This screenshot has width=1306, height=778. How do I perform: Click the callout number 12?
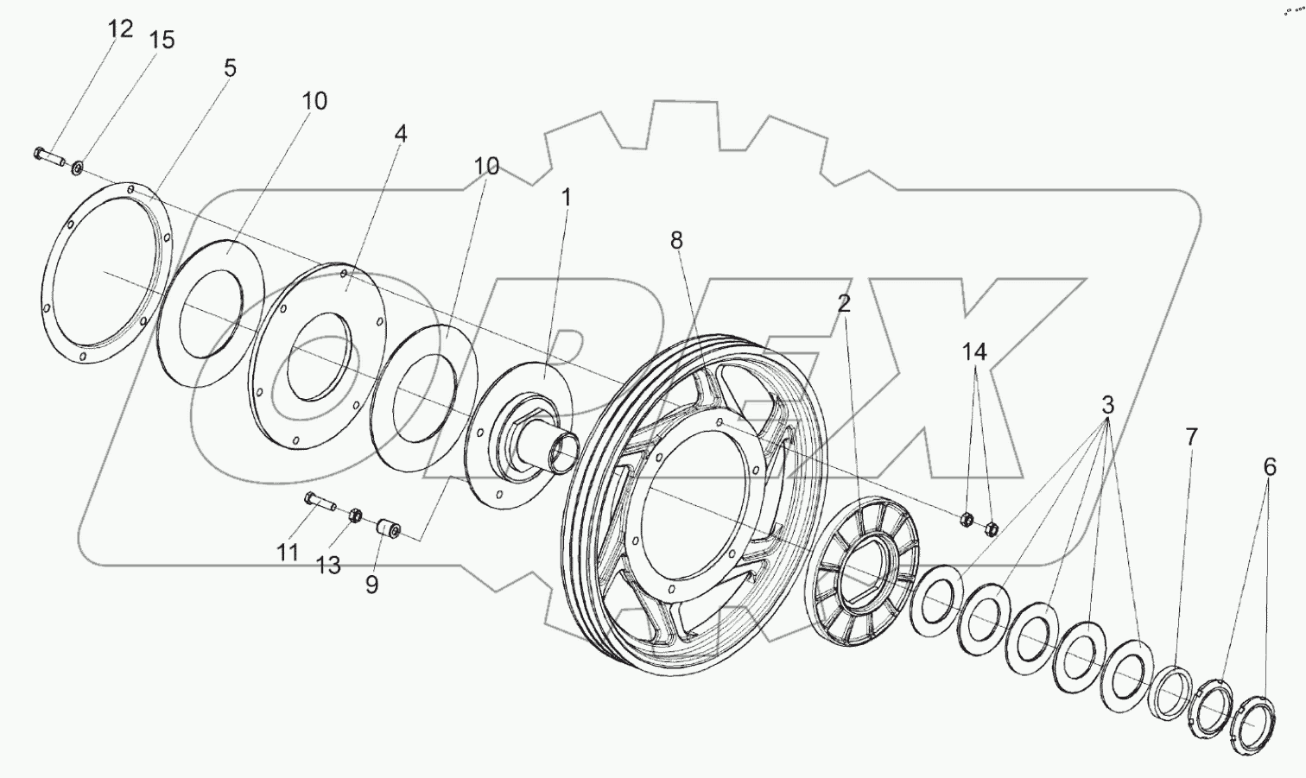click(x=121, y=28)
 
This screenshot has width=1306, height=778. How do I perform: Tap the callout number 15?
click(x=162, y=40)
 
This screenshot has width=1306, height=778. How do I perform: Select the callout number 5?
click(x=230, y=68)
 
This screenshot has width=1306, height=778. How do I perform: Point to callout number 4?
click(x=400, y=134)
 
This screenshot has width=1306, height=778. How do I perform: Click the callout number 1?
click(x=566, y=198)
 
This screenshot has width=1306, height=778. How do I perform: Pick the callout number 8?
click(x=675, y=241)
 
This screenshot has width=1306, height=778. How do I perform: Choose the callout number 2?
click(x=843, y=303)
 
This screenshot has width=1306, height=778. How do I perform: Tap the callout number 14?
click(x=974, y=351)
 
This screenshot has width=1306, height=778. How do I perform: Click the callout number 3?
click(x=1107, y=405)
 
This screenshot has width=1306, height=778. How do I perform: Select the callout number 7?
click(x=1191, y=437)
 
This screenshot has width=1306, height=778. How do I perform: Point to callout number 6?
click(x=1269, y=467)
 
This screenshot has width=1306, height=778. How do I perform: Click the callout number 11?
click(x=287, y=552)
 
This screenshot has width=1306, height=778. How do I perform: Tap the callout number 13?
click(x=328, y=565)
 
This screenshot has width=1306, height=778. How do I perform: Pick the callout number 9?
click(x=371, y=585)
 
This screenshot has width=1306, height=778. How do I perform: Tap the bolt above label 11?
click(x=320, y=501)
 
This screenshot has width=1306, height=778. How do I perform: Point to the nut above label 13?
click(x=353, y=516)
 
